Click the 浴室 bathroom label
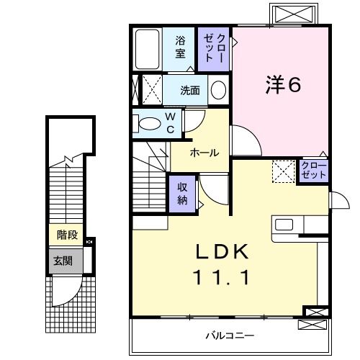pyautogui.click(x=180, y=48)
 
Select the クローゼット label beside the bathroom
pyautogui.click(x=215, y=48)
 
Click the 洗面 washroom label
pyautogui.click(x=190, y=91)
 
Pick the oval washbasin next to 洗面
pyautogui.click(x=218, y=91)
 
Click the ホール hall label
pyautogui.click(x=204, y=153)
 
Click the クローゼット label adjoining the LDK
pyautogui.click(x=314, y=171)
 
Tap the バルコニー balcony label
pyautogui.click(x=229, y=336)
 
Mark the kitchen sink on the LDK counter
pyautogui.click(x=284, y=225)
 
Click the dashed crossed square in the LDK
pyautogui.click(x=283, y=171)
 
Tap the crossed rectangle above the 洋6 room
pyautogui.click(x=292, y=14)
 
